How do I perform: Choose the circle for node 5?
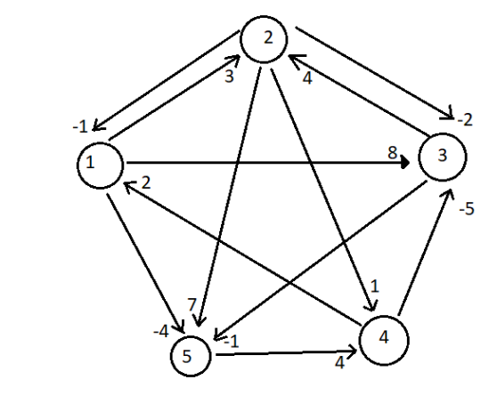pyautogui.click(x=193, y=355)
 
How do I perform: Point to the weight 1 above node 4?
pyautogui.click(x=375, y=287)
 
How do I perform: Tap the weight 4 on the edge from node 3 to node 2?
pyautogui.click(x=307, y=78)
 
